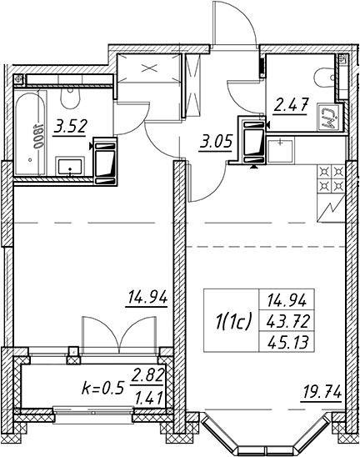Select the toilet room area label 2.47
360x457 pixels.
pos(290,106)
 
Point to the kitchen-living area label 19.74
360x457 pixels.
pos(322,393)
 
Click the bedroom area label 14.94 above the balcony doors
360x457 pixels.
pos(147,299)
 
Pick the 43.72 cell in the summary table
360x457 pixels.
pos(287,322)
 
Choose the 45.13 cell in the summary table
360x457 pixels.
pos(287,343)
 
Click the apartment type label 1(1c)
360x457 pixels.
pos(232,323)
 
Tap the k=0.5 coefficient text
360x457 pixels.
pos(103,389)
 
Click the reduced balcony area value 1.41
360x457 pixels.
pos(148,399)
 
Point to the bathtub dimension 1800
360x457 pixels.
pos(37,137)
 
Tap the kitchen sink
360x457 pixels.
pos(280,151)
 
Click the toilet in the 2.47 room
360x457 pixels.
pos(324,78)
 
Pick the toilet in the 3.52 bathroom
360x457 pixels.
pos(70,97)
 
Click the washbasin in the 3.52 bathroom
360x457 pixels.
pos(70,166)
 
